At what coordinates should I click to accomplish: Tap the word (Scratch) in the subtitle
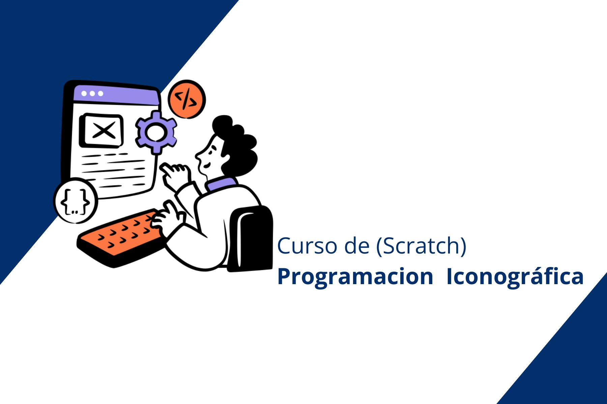(421, 246)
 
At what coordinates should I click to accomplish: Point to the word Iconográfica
(515, 277)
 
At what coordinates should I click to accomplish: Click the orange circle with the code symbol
(186, 99)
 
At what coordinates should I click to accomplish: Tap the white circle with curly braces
(76, 201)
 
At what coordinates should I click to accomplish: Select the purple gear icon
(156, 132)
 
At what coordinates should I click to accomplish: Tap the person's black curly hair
(236, 145)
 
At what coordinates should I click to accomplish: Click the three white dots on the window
(92, 93)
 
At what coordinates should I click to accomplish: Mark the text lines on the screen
(113, 170)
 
